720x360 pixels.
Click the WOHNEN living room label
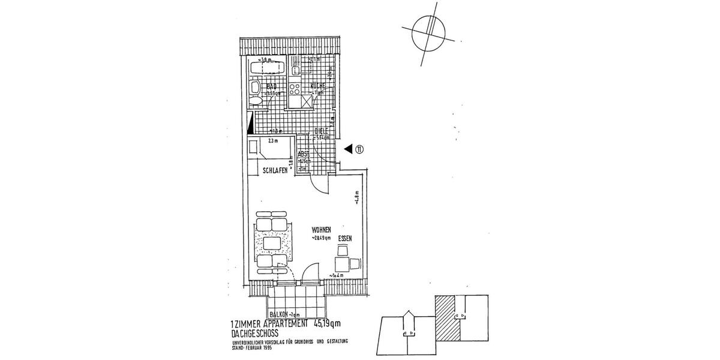[x=322, y=230]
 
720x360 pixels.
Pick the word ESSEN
[x=344, y=239]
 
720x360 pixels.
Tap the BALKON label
[x=280, y=314]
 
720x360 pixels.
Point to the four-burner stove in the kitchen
[x=295, y=89]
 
